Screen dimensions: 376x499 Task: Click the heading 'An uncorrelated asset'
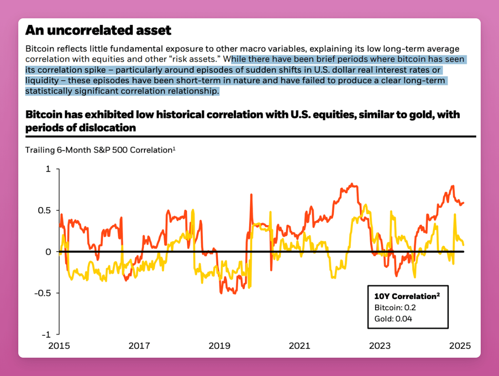(x=99, y=30)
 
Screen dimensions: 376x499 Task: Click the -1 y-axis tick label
(x=47, y=334)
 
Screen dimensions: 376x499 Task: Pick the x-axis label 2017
(x=140, y=346)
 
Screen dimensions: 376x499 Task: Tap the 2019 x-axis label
(x=219, y=346)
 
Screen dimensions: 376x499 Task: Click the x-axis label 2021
(x=299, y=346)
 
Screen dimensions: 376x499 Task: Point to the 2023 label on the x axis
(x=380, y=346)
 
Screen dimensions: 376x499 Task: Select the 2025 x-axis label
(x=460, y=346)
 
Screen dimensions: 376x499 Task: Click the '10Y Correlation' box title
(x=407, y=296)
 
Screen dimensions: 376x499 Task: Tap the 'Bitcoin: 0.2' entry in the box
(x=395, y=308)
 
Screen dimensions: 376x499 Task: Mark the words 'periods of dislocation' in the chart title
(x=81, y=128)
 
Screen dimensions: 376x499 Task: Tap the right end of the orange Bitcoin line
(x=464, y=203)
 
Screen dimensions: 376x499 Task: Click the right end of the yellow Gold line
(x=464, y=244)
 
